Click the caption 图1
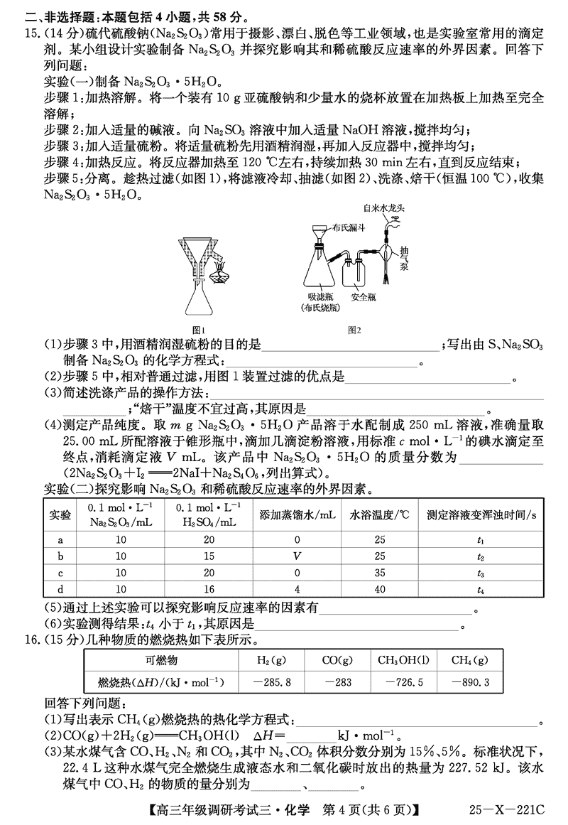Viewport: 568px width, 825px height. point(199,330)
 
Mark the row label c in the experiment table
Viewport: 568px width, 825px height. point(60,573)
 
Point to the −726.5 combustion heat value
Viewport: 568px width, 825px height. point(402,682)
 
